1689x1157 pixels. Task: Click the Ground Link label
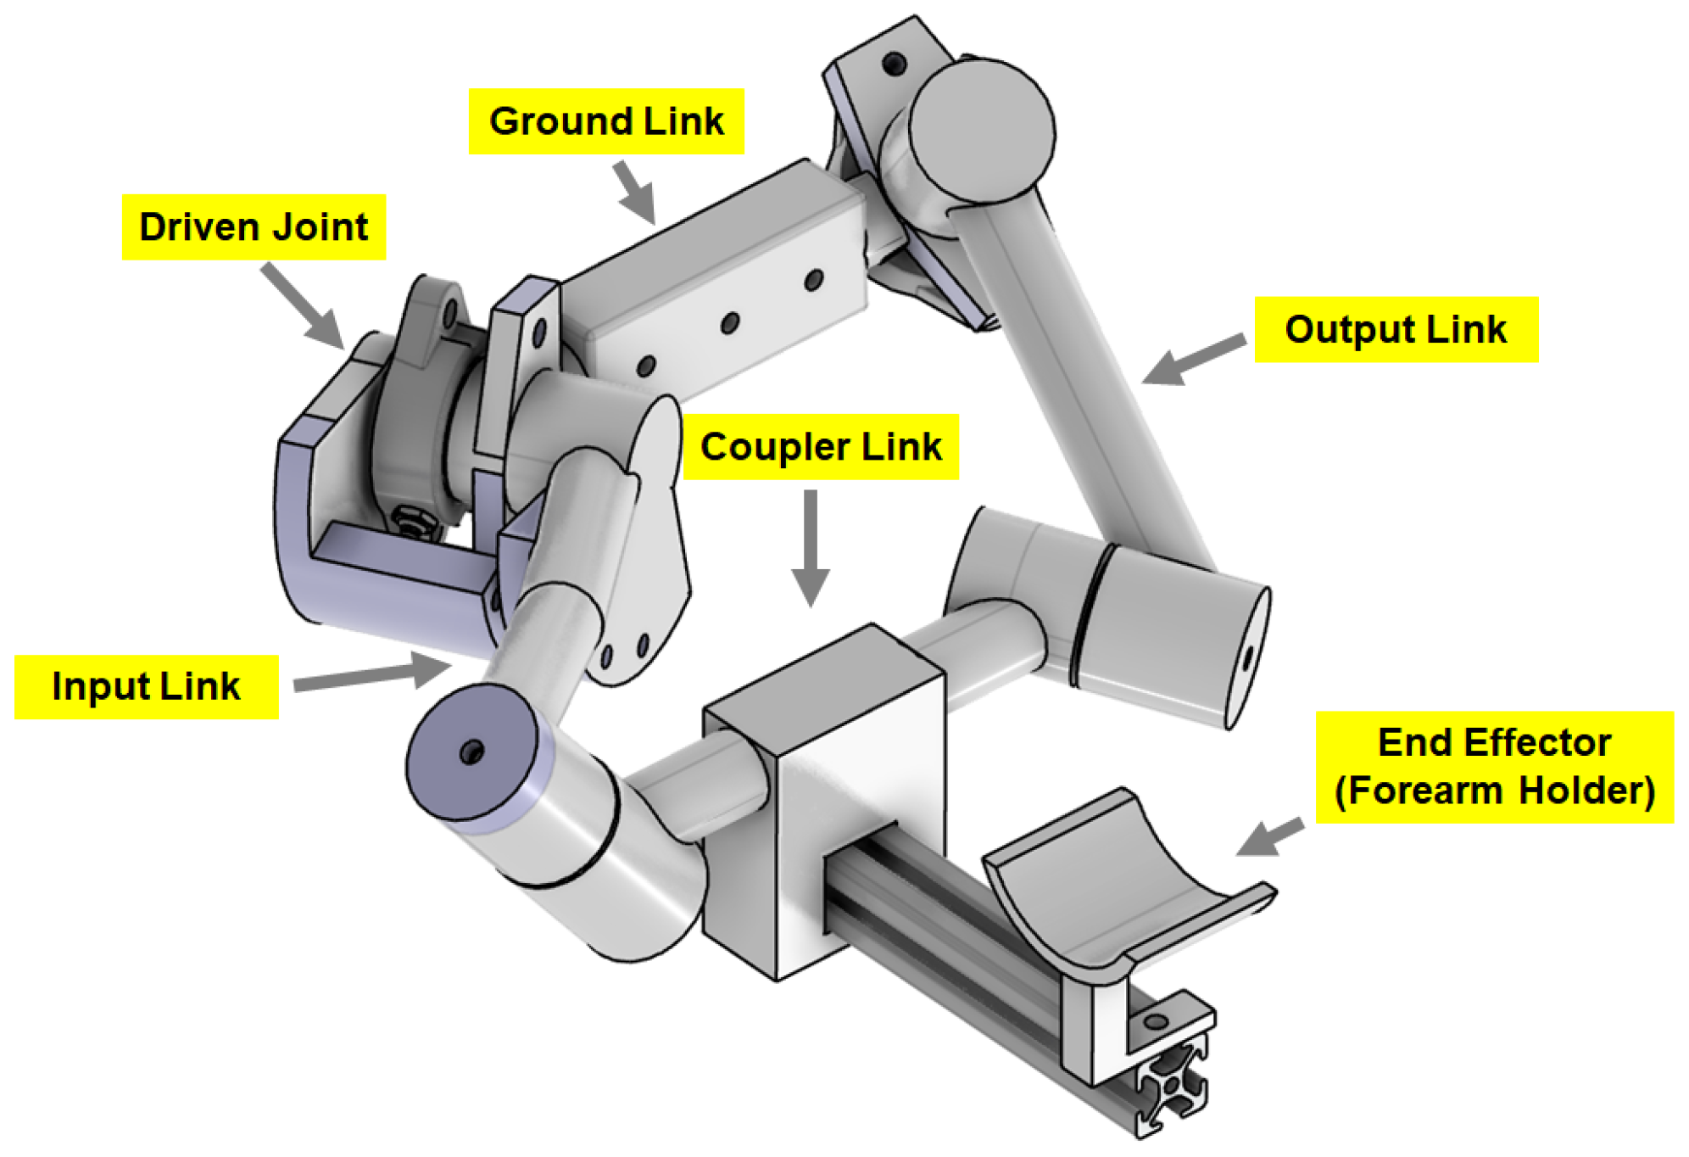click(605, 121)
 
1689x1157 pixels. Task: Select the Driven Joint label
click(254, 227)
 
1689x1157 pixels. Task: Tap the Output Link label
click(1395, 330)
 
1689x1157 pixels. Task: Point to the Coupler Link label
click(820, 447)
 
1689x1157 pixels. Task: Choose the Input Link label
click(146, 686)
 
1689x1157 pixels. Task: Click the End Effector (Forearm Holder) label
click(1493, 766)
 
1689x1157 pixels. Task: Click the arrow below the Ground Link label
click(635, 192)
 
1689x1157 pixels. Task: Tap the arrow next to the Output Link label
click(1192, 360)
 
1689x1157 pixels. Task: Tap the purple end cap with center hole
click(471, 752)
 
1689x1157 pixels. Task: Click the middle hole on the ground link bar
click(729, 322)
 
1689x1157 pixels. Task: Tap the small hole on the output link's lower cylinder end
click(1248, 657)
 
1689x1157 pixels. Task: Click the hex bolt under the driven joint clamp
click(413, 521)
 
